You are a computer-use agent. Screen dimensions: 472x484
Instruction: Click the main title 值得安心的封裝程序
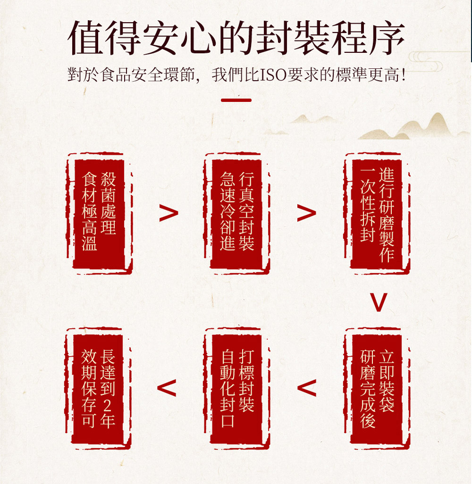[x=236, y=38]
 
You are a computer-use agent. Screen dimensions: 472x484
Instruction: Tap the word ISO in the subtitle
[x=273, y=75]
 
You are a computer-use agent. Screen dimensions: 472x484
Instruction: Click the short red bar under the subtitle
[x=236, y=100]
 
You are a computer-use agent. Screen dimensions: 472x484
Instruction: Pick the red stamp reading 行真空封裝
[x=236, y=213]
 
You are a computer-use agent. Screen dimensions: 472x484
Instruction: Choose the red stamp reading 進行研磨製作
[x=377, y=213]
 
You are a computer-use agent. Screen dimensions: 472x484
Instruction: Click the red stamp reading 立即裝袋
[x=377, y=388]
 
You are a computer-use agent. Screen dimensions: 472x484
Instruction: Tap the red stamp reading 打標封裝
[x=236, y=388]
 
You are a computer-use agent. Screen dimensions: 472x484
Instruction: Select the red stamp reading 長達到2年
[x=98, y=388]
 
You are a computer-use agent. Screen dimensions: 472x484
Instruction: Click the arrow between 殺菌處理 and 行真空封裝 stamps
[x=169, y=213]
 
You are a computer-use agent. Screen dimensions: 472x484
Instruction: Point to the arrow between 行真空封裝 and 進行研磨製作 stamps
[x=306, y=213]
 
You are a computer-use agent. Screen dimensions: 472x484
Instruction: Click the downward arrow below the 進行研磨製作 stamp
[x=379, y=302]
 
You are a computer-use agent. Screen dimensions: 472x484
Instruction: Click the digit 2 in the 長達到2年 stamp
[x=107, y=405]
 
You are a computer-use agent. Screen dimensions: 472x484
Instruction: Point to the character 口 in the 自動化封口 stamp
[x=228, y=421]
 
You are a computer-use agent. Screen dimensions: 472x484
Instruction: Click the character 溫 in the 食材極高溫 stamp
[x=90, y=243]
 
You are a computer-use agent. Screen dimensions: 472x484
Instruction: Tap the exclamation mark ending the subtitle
[x=403, y=75]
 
